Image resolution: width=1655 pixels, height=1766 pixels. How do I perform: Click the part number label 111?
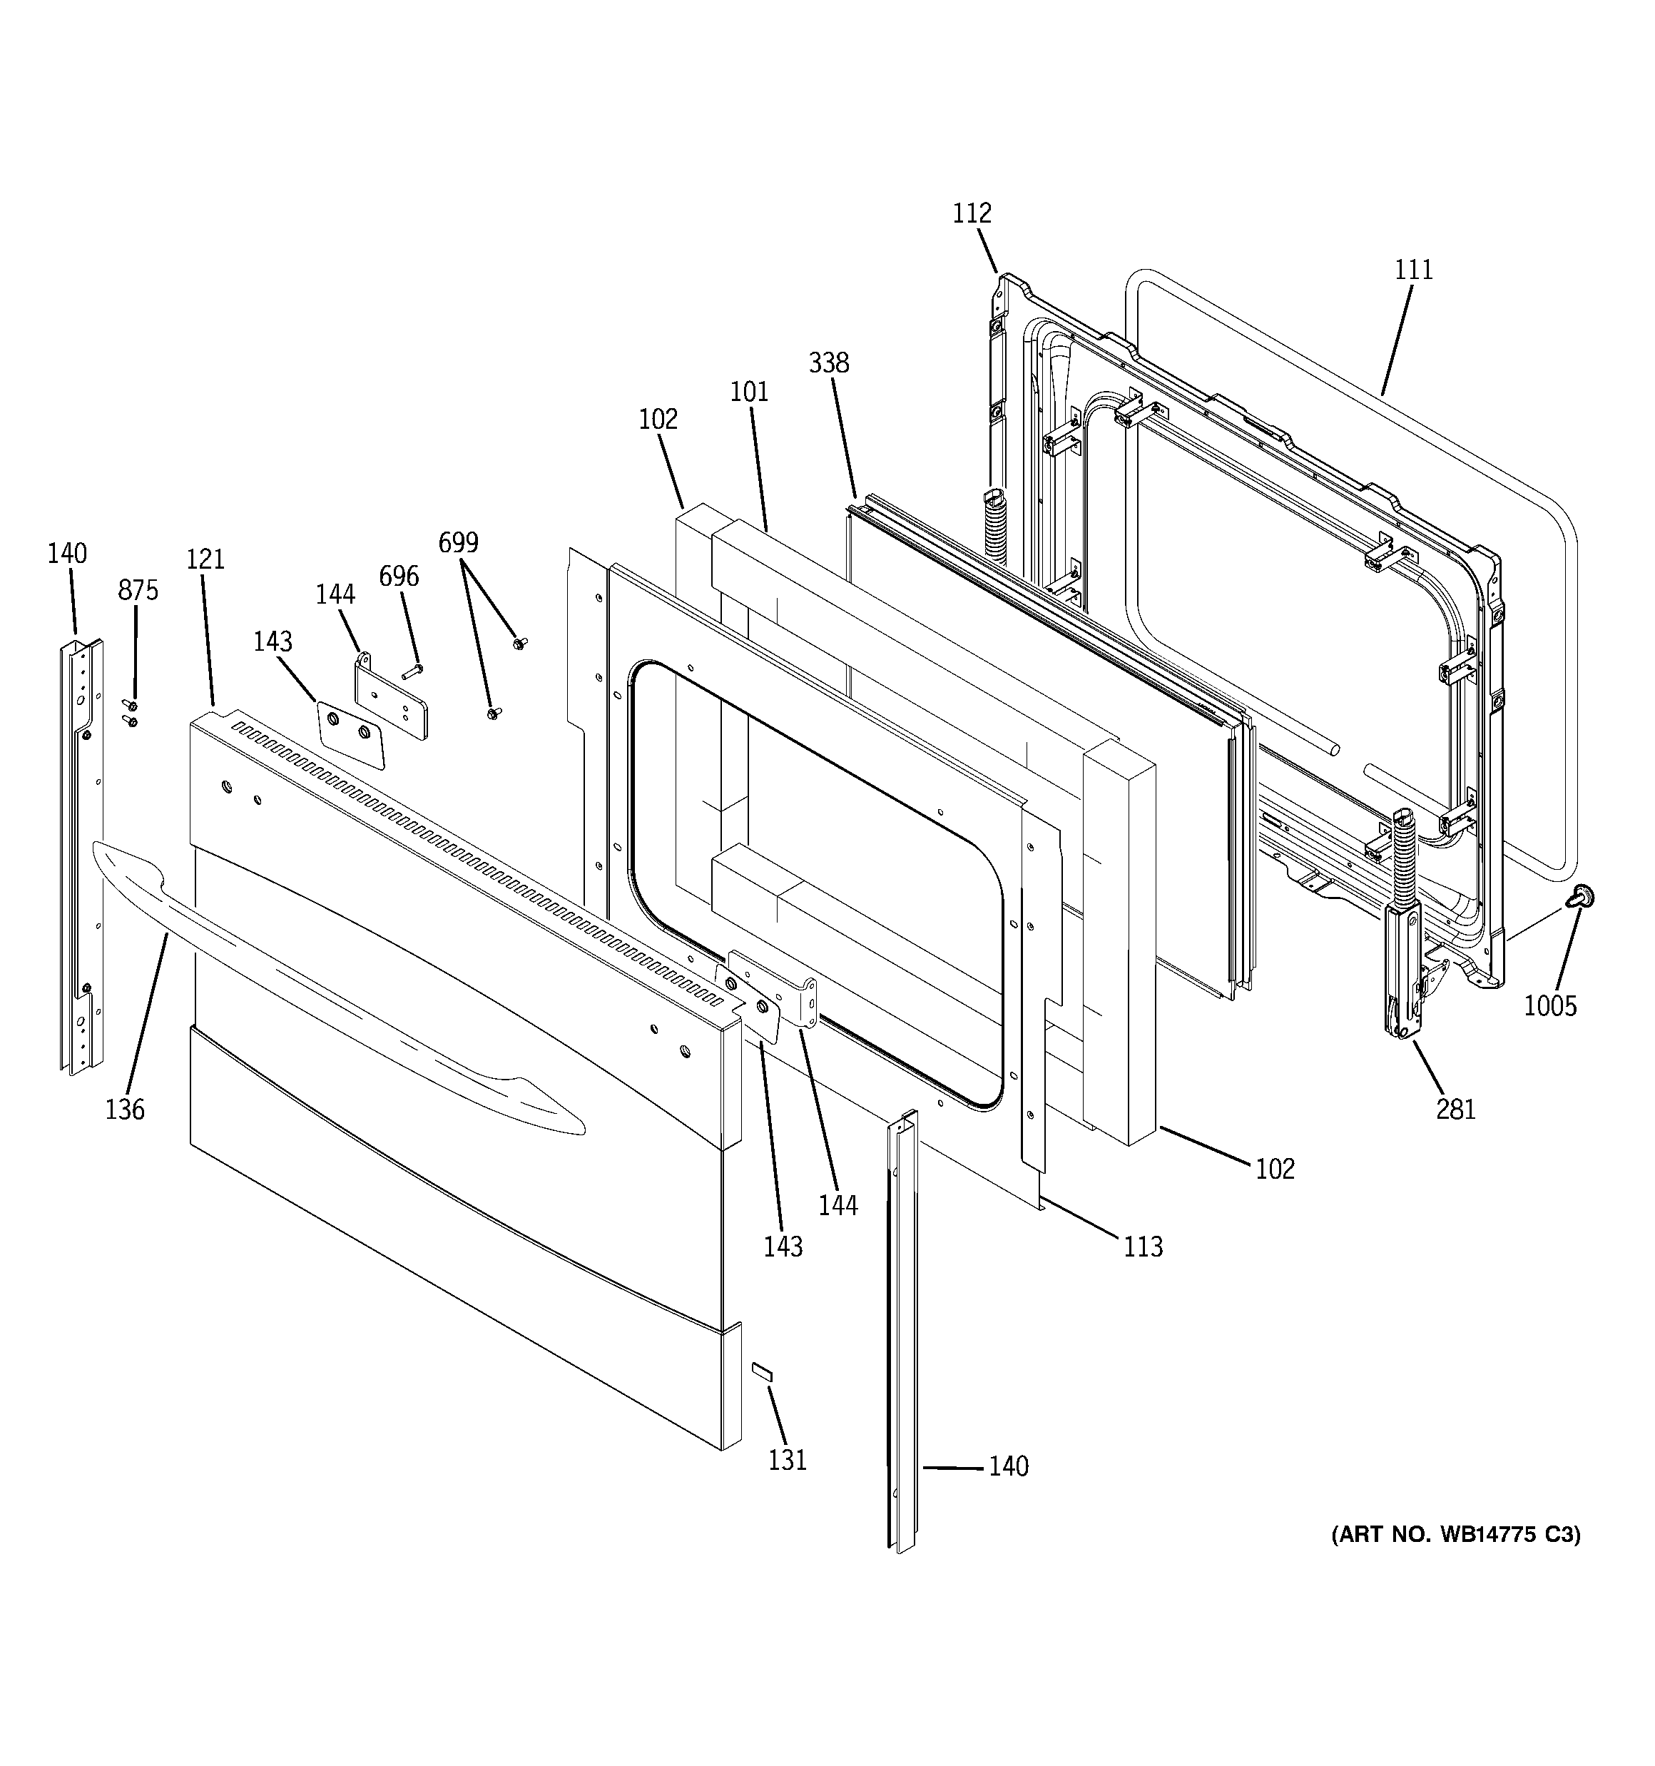click(1413, 269)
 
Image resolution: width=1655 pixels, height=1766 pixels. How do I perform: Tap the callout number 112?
click(972, 213)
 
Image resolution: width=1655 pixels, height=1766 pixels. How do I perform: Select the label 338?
click(829, 362)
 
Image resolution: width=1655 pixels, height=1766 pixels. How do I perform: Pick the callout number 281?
click(1456, 1109)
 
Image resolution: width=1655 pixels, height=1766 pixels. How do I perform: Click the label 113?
click(1142, 1247)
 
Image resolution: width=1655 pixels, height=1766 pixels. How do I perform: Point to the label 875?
click(138, 590)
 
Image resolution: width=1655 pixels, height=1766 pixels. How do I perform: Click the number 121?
click(205, 559)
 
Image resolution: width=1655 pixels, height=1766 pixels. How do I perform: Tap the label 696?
click(399, 577)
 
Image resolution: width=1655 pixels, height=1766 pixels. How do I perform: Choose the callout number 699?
click(459, 542)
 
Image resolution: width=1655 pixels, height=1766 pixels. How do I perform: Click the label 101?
click(749, 392)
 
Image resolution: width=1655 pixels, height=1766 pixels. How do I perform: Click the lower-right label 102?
click(1275, 1169)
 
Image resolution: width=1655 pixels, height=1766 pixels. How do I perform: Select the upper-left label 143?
click(273, 641)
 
